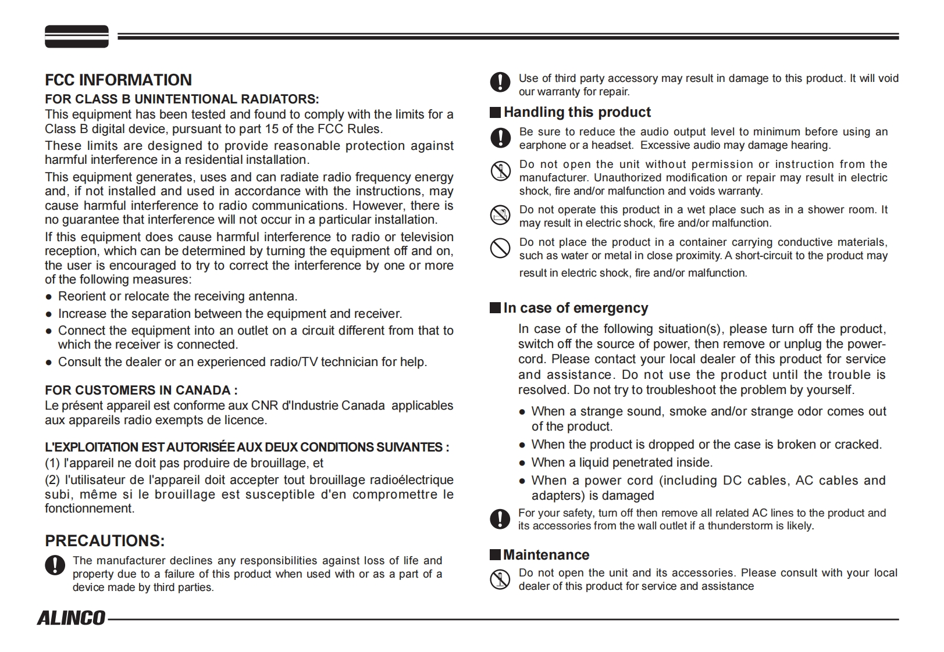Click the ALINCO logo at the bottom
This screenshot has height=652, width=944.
[x=72, y=618]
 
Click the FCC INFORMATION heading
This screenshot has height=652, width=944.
[x=118, y=80]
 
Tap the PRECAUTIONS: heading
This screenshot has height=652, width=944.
[x=105, y=541]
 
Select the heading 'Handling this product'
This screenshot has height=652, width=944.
[x=577, y=112]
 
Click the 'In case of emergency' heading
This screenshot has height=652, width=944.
[x=575, y=308]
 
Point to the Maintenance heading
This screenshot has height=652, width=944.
[x=546, y=555]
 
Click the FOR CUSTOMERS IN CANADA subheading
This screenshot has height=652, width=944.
[x=141, y=390]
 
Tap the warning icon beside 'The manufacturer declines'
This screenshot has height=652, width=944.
[x=55, y=565]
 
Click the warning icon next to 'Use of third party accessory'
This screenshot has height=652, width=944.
[x=500, y=82]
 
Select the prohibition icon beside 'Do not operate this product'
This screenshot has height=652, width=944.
[x=500, y=216]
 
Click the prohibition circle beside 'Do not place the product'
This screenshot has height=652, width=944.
[x=500, y=248]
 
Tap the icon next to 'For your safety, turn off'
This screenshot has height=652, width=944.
[x=500, y=518]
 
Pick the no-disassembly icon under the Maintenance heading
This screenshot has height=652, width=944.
[x=500, y=579]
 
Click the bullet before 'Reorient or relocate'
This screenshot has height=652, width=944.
[x=49, y=297]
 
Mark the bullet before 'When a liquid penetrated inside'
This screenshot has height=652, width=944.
[x=522, y=463]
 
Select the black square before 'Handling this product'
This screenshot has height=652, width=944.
[x=495, y=113]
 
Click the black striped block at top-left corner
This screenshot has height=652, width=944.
[x=77, y=36]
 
